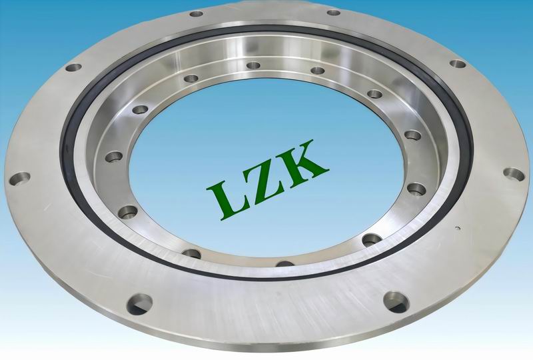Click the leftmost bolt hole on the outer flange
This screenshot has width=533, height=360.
pyautogui.click(x=19, y=179)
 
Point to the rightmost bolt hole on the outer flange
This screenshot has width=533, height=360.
pyautogui.click(x=514, y=174)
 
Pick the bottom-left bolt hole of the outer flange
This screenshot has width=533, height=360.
pyautogui.click(x=139, y=304)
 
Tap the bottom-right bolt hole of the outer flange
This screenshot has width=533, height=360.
pyautogui.click(x=396, y=302)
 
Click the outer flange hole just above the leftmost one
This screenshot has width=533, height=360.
pyautogui.click(x=74, y=67)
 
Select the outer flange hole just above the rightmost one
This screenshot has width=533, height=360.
pyautogui.click(x=458, y=63)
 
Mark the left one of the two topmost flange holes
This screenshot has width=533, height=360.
pyautogui.click(x=196, y=14)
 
